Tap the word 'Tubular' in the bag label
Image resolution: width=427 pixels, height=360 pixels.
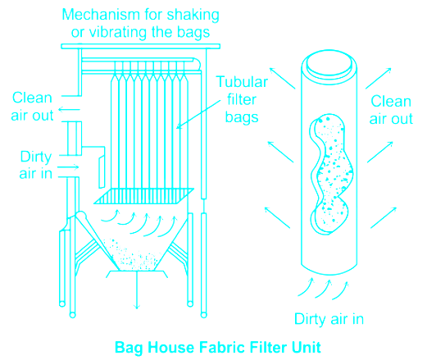242,82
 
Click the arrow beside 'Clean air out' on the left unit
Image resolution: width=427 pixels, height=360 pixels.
70,110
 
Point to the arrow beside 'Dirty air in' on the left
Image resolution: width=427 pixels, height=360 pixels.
68,167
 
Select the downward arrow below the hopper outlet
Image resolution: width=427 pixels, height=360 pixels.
137,290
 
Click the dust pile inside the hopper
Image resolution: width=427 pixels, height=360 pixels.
134,256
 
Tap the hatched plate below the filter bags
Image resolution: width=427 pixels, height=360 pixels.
144,196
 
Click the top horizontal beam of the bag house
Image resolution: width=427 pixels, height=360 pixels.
140,46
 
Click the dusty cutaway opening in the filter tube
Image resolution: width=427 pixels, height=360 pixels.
331,174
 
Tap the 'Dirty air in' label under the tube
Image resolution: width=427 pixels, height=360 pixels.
329,319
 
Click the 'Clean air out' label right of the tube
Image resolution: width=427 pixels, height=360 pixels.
391,110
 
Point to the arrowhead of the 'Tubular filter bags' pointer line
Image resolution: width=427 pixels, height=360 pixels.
178,127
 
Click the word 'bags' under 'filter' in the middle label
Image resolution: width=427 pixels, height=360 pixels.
242,117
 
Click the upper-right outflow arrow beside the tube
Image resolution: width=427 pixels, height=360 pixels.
379,79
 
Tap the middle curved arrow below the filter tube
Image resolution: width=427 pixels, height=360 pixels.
323,289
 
